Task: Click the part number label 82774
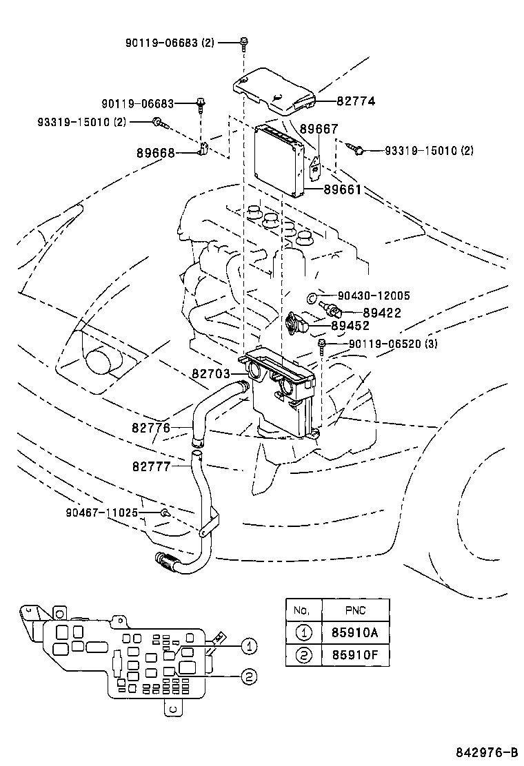(356, 101)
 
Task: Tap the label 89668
(156, 153)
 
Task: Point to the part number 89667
(319, 128)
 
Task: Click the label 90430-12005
(374, 296)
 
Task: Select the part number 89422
(381, 312)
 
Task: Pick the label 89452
(350, 326)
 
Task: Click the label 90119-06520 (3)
(392, 344)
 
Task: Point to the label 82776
(150, 427)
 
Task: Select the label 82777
(150, 466)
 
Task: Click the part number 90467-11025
(102, 513)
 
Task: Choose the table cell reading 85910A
(356, 632)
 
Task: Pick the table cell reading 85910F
(356, 655)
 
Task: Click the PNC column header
(356, 610)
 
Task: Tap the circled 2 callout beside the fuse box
(249, 678)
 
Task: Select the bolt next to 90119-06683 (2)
(244, 43)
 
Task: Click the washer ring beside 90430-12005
(311, 298)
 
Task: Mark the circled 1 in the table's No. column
(303, 632)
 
